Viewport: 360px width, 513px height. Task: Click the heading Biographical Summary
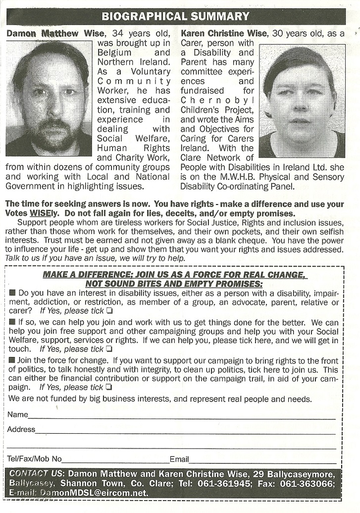[x=175, y=16]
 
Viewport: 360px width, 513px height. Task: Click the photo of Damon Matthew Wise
[x=49, y=98]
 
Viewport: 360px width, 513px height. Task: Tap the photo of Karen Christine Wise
[x=302, y=101]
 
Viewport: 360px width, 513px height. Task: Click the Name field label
[x=18, y=414]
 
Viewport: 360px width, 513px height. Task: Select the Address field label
[x=21, y=429]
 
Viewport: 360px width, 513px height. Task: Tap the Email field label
[x=179, y=459]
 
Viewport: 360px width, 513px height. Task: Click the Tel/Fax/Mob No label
[x=35, y=459]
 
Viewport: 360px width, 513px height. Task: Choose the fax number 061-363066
[x=309, y=483]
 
